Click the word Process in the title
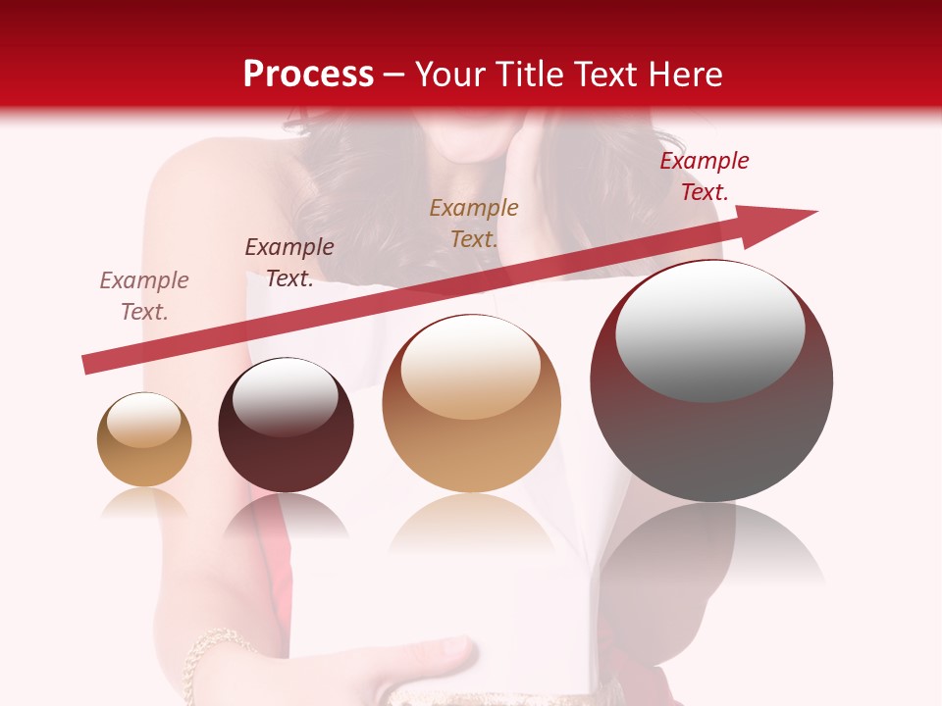pos(308,75)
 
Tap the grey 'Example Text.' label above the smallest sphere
pos(144,296)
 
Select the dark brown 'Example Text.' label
pos(289,263)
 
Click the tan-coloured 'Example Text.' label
pos(474,223)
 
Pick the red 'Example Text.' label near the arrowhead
pos(705,176)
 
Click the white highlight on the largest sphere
pos(709,330)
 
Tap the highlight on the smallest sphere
pos(144,420)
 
